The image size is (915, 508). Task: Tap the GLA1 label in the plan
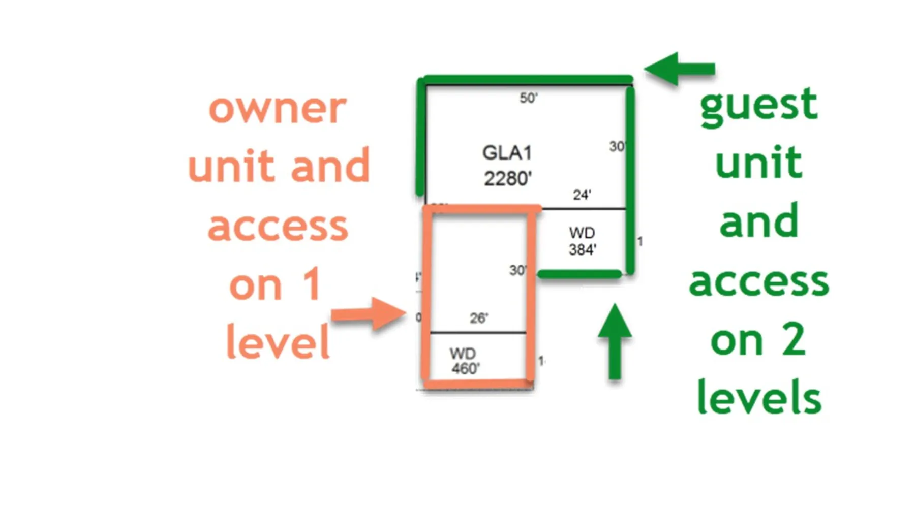(x=507, y=152)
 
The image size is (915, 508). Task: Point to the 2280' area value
(x=507, y=179)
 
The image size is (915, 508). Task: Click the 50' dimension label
(x=528, y=98)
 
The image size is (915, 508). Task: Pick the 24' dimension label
(x=582, y=195)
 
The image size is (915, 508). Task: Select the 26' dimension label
(x=478, y=318)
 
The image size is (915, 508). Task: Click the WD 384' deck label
(x=582, y=241)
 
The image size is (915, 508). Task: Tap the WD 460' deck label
(x=464, y=361)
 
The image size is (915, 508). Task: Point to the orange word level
(x=278, y=342)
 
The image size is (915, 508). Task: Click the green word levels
(x=758, y=397)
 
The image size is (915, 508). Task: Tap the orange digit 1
(x=311, y=284)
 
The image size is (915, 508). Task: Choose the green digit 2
(x=793, y=340)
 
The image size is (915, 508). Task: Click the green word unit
(x=758, y=163)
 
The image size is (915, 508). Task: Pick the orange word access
(x=278, y=227)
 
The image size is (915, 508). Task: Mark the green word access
(x=758, y=282)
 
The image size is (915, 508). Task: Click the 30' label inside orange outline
(x=517, y=270)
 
